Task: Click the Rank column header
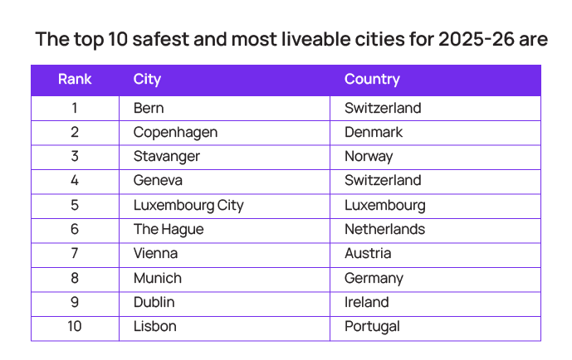click(x=75, y=80)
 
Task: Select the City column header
click(x=147, y=80)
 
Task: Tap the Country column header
click(x=372, y=80)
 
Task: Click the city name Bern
click(x=149, y=108)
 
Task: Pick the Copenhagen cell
click(x=175, y=133)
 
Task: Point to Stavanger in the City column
click(x=166, y=157)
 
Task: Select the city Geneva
click(x=158, y=181)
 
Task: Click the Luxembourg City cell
click(x=188, y=205)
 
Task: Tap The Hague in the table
click(x=168, y=229)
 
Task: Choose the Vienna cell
click(x=155, y=253)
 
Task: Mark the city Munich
click(x=157, y=278)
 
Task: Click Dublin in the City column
click(x=154, y=302)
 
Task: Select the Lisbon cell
click(x=154, y=326)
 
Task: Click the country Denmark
click(x=374, y=133)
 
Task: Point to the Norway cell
click(x=369, y=157)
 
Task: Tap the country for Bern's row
click(x=383, y=108)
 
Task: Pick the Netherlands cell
click(x=384, y=229)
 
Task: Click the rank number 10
click(x=75, y=326)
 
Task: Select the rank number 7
click(x=75, y=253)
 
